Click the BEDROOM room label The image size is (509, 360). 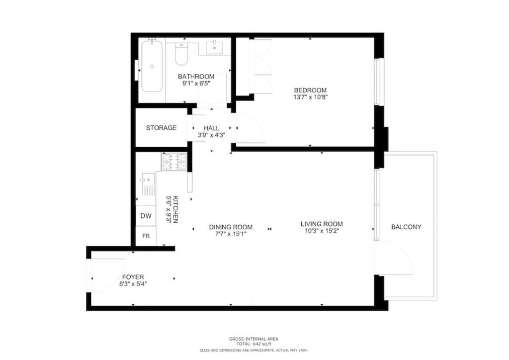click(x=310, y=90)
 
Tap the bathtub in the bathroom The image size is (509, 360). click(x=152, y=66)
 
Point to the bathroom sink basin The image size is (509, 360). click(x=215, y=47)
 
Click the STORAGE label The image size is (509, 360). click(x=162, y=128)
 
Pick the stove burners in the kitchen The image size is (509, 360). click(x=174, y=161)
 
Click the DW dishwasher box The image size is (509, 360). click(x=146, y=216)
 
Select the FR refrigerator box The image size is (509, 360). click(x=146, y=236)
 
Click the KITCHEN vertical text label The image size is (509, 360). click(x=175, y=209)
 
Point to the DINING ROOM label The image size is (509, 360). click(x=231, y=227)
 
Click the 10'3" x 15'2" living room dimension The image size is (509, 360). click(x=322, y=231)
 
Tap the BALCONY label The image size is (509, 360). click(x=406, y=227)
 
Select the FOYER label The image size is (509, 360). click(x=133, y=277)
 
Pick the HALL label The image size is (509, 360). click(x=211, y=128)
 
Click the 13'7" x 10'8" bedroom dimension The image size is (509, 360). click(x=310, y=97)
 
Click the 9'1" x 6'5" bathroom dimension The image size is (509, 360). click(x=196, y=84)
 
